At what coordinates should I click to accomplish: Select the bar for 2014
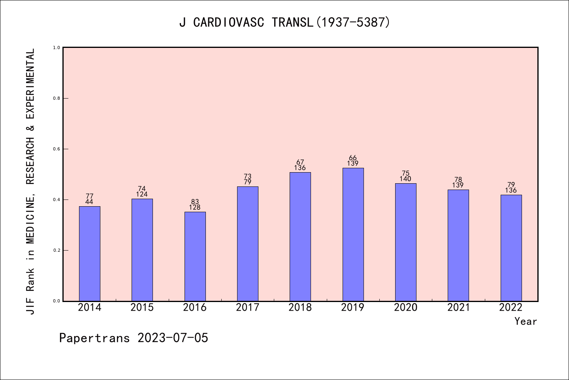click(x=90, y=253)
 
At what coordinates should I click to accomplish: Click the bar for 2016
click(x=195, y=256)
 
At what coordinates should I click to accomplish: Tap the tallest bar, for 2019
click(x=353, y=234)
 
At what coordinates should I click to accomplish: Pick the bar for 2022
click(x=511, y=248)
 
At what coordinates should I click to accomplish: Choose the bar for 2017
click(x=248, y=243)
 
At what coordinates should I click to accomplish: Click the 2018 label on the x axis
click(x=300, y=308)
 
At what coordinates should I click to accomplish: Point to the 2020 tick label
click(x=406, y=308)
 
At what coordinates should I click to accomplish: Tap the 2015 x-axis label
click(x=142, y=308)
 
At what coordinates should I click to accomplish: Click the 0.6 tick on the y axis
click(x=57, y=149)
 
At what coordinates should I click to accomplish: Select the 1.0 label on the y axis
click(x=57, y=47)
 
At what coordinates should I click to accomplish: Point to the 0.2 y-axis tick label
click(x=57, y=250)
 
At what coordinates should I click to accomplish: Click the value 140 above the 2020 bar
click(x=405, y=179)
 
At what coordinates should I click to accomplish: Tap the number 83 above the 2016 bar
click(x=195, y=202)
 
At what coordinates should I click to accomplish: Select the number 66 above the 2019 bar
click(x=353, y=158)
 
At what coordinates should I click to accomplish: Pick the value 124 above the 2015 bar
click(x=142, y=194)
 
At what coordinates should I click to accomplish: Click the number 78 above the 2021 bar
click(x=458, y=180)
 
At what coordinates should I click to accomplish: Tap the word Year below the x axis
click(x=526, y=321)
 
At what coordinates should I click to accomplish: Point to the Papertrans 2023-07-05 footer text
click(x=134, y=338)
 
